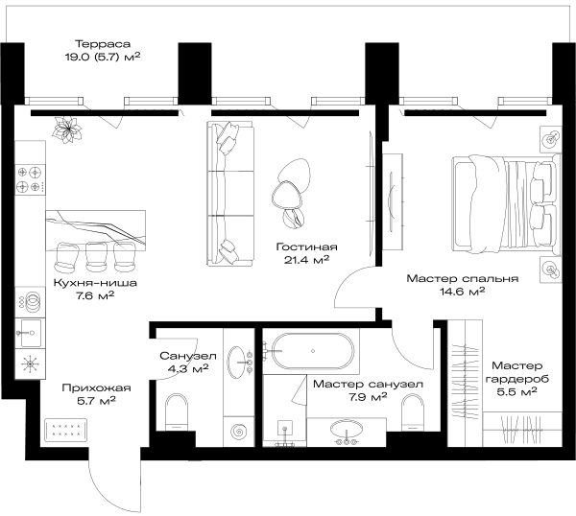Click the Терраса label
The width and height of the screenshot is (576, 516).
click(x=103, y=44)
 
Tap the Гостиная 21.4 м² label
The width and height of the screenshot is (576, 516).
click(x=306, y=253)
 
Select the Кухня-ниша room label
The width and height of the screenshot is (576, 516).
click(x=95, y=283)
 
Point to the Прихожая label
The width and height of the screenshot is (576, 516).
click(x=96, y=387)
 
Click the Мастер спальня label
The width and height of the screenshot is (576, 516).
click(x=463, y=278)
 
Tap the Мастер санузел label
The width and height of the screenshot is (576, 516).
click(x=368, y=385)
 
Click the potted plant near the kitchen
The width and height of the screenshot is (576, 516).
click(x=67, y=129)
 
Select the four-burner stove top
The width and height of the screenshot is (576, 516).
click(x=30, y=179)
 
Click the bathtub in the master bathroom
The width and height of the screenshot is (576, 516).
click(x=313, y=351)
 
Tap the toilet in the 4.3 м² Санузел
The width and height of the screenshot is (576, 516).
click(x=177, y=412)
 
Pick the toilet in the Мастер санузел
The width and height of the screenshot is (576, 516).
click(x=413, y=412)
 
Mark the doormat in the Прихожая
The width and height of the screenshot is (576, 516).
click(x=66, y=430)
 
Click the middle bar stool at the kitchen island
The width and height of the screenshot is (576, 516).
click(x=96, y=256)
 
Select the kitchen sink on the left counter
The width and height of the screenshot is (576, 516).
click(x=30, y=333)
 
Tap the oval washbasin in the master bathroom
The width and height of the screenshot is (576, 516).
click(x=347, y=429)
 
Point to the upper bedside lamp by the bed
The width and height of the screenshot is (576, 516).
click(x=551, y=139)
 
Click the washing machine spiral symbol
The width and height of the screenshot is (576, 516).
click(x=239, y=432)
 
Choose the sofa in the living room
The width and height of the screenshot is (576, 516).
click(x=230, y=194)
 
